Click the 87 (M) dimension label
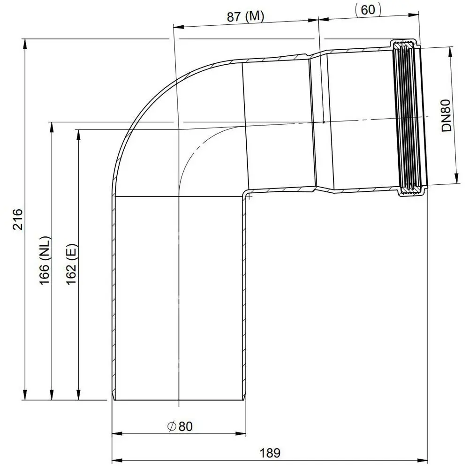click(x=245, y=16)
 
